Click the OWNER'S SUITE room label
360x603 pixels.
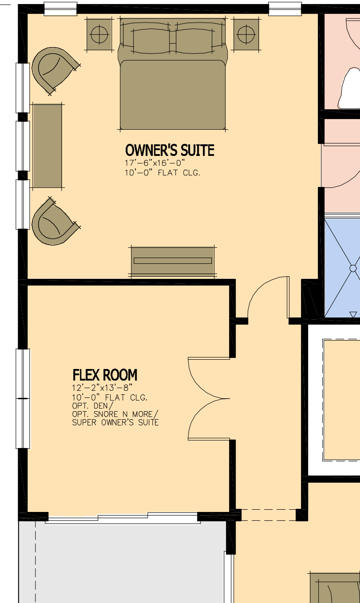pos(170,151)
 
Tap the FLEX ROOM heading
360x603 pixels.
pos(105,375)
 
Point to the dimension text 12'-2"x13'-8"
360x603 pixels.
pos(102,387)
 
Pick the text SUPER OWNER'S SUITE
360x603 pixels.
pos(115,422)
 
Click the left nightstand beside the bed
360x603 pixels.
pos(99,34)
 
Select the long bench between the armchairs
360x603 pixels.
pos(47,146)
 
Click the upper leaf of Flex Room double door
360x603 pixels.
pos(209,377)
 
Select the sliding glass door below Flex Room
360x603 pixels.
pos(123,518)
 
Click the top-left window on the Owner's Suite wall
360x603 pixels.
pos(60,8)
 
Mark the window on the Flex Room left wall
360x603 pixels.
pos(23,398)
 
